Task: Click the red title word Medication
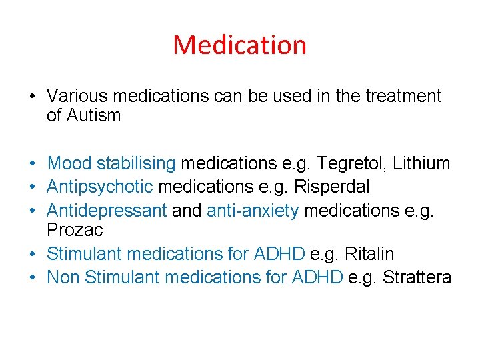click(239, 45)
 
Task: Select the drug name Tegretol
click(350, 163)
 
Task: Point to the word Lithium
click(421, 163)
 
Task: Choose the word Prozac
click(75, 230)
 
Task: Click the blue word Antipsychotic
click(99, 187)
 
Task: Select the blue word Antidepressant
click(107, 211)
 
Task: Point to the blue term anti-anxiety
click(253, 211)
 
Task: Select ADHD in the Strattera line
click(317, 277)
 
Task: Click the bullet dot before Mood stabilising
click(31, 163)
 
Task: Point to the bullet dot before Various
click(31, 97)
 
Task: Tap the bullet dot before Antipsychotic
click(31, 187)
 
